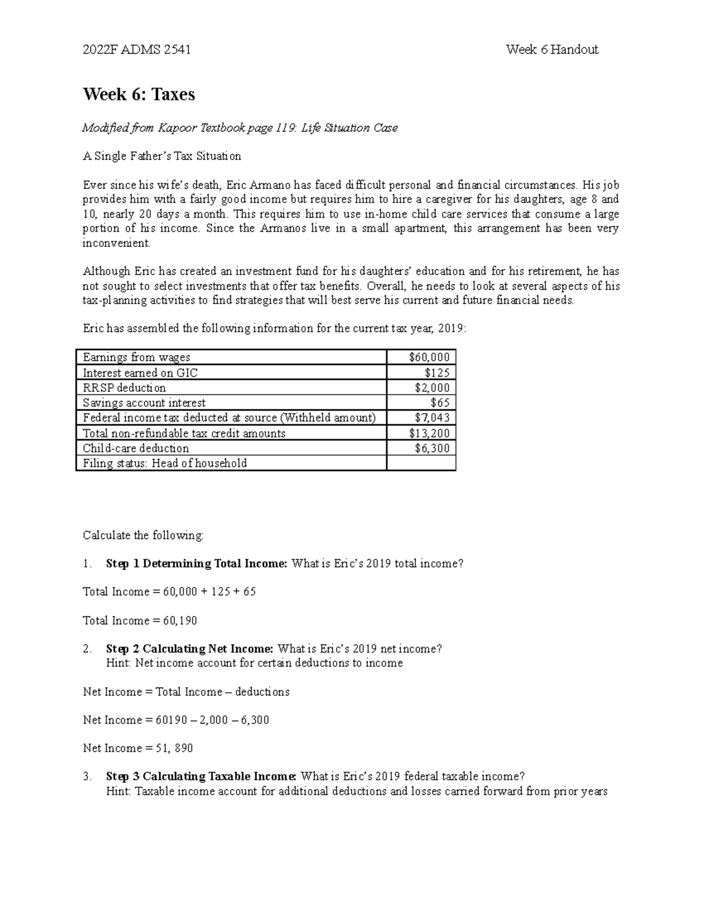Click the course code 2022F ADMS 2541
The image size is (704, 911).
(x=137, y=50)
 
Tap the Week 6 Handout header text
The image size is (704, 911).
(x=551, y=50)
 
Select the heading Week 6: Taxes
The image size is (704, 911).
(x=139, y=94)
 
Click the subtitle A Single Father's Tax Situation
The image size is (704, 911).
(x=162, y=156)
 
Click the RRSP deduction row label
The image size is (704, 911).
(x=124, y=388)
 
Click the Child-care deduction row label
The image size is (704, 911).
(x=136, y=448)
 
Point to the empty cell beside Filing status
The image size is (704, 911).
(x=421, y=463)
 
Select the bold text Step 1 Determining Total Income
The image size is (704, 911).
(x=197, y=564)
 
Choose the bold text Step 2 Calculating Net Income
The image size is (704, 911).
(x=189, y=649)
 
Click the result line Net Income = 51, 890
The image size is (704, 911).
(x=138, y=748)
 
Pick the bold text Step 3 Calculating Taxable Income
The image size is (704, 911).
(x=201, y=777)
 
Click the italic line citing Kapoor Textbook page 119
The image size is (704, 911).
(x=240, y=128)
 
